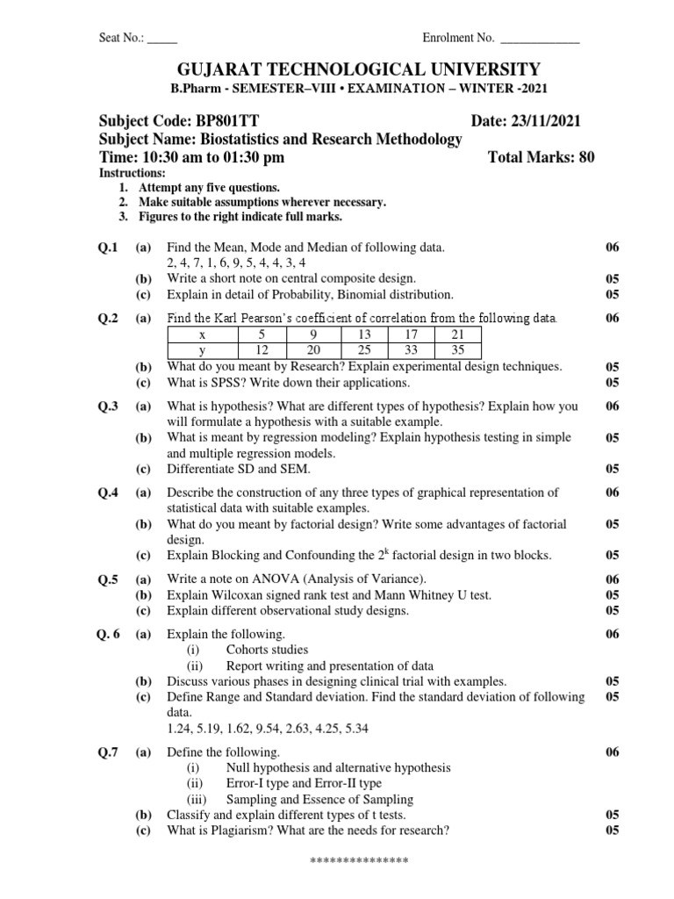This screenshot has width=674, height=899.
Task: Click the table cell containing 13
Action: coord(363,334)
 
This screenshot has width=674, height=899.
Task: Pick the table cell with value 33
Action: coord(411,350)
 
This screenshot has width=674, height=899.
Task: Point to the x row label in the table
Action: coord(203,334)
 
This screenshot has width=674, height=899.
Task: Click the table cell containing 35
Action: coord(458,350)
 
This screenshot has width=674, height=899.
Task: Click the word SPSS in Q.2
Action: coord(221,382)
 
